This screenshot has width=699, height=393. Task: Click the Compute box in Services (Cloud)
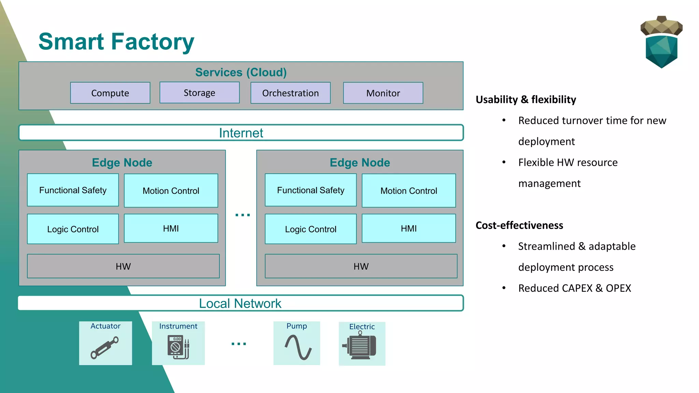[x=110, y=93]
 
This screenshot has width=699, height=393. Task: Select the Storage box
[x=199, y=92]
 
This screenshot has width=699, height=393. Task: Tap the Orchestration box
[x=290, y=93]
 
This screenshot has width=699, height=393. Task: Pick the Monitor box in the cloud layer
[x=383, y=93]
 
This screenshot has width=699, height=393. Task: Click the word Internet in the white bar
[x=241, y=133]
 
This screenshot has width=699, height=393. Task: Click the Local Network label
[x=240, y=303]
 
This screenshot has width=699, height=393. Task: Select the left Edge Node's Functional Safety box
[x=73, y=190]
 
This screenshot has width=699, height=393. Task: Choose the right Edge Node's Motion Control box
[x=409, y=191]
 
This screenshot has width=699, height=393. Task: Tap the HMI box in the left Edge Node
[x=171, y=228]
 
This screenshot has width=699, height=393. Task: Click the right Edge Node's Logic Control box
[x=311, y=229]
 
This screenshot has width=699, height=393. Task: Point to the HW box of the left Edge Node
[x=123, y=266]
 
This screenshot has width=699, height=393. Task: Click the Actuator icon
[x=104, y=347]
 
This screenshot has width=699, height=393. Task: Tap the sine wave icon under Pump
[x=298, y=347]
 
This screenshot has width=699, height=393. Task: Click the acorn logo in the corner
[x=661, y=42]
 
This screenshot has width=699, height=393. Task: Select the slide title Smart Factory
[x=116, y=42]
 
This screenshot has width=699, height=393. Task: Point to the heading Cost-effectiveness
[x=519, y=225]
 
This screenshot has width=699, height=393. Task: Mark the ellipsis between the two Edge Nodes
[x=243, y=215]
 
